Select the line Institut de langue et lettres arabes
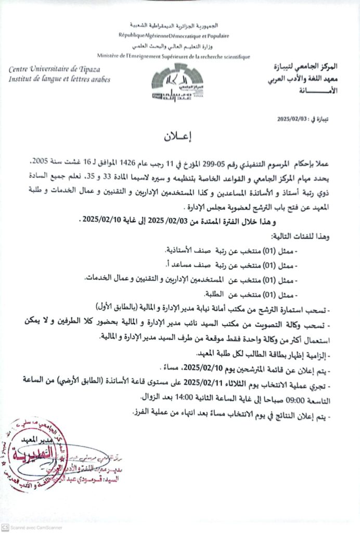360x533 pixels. [59, 79]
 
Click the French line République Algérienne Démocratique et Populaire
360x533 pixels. [174, 36]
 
